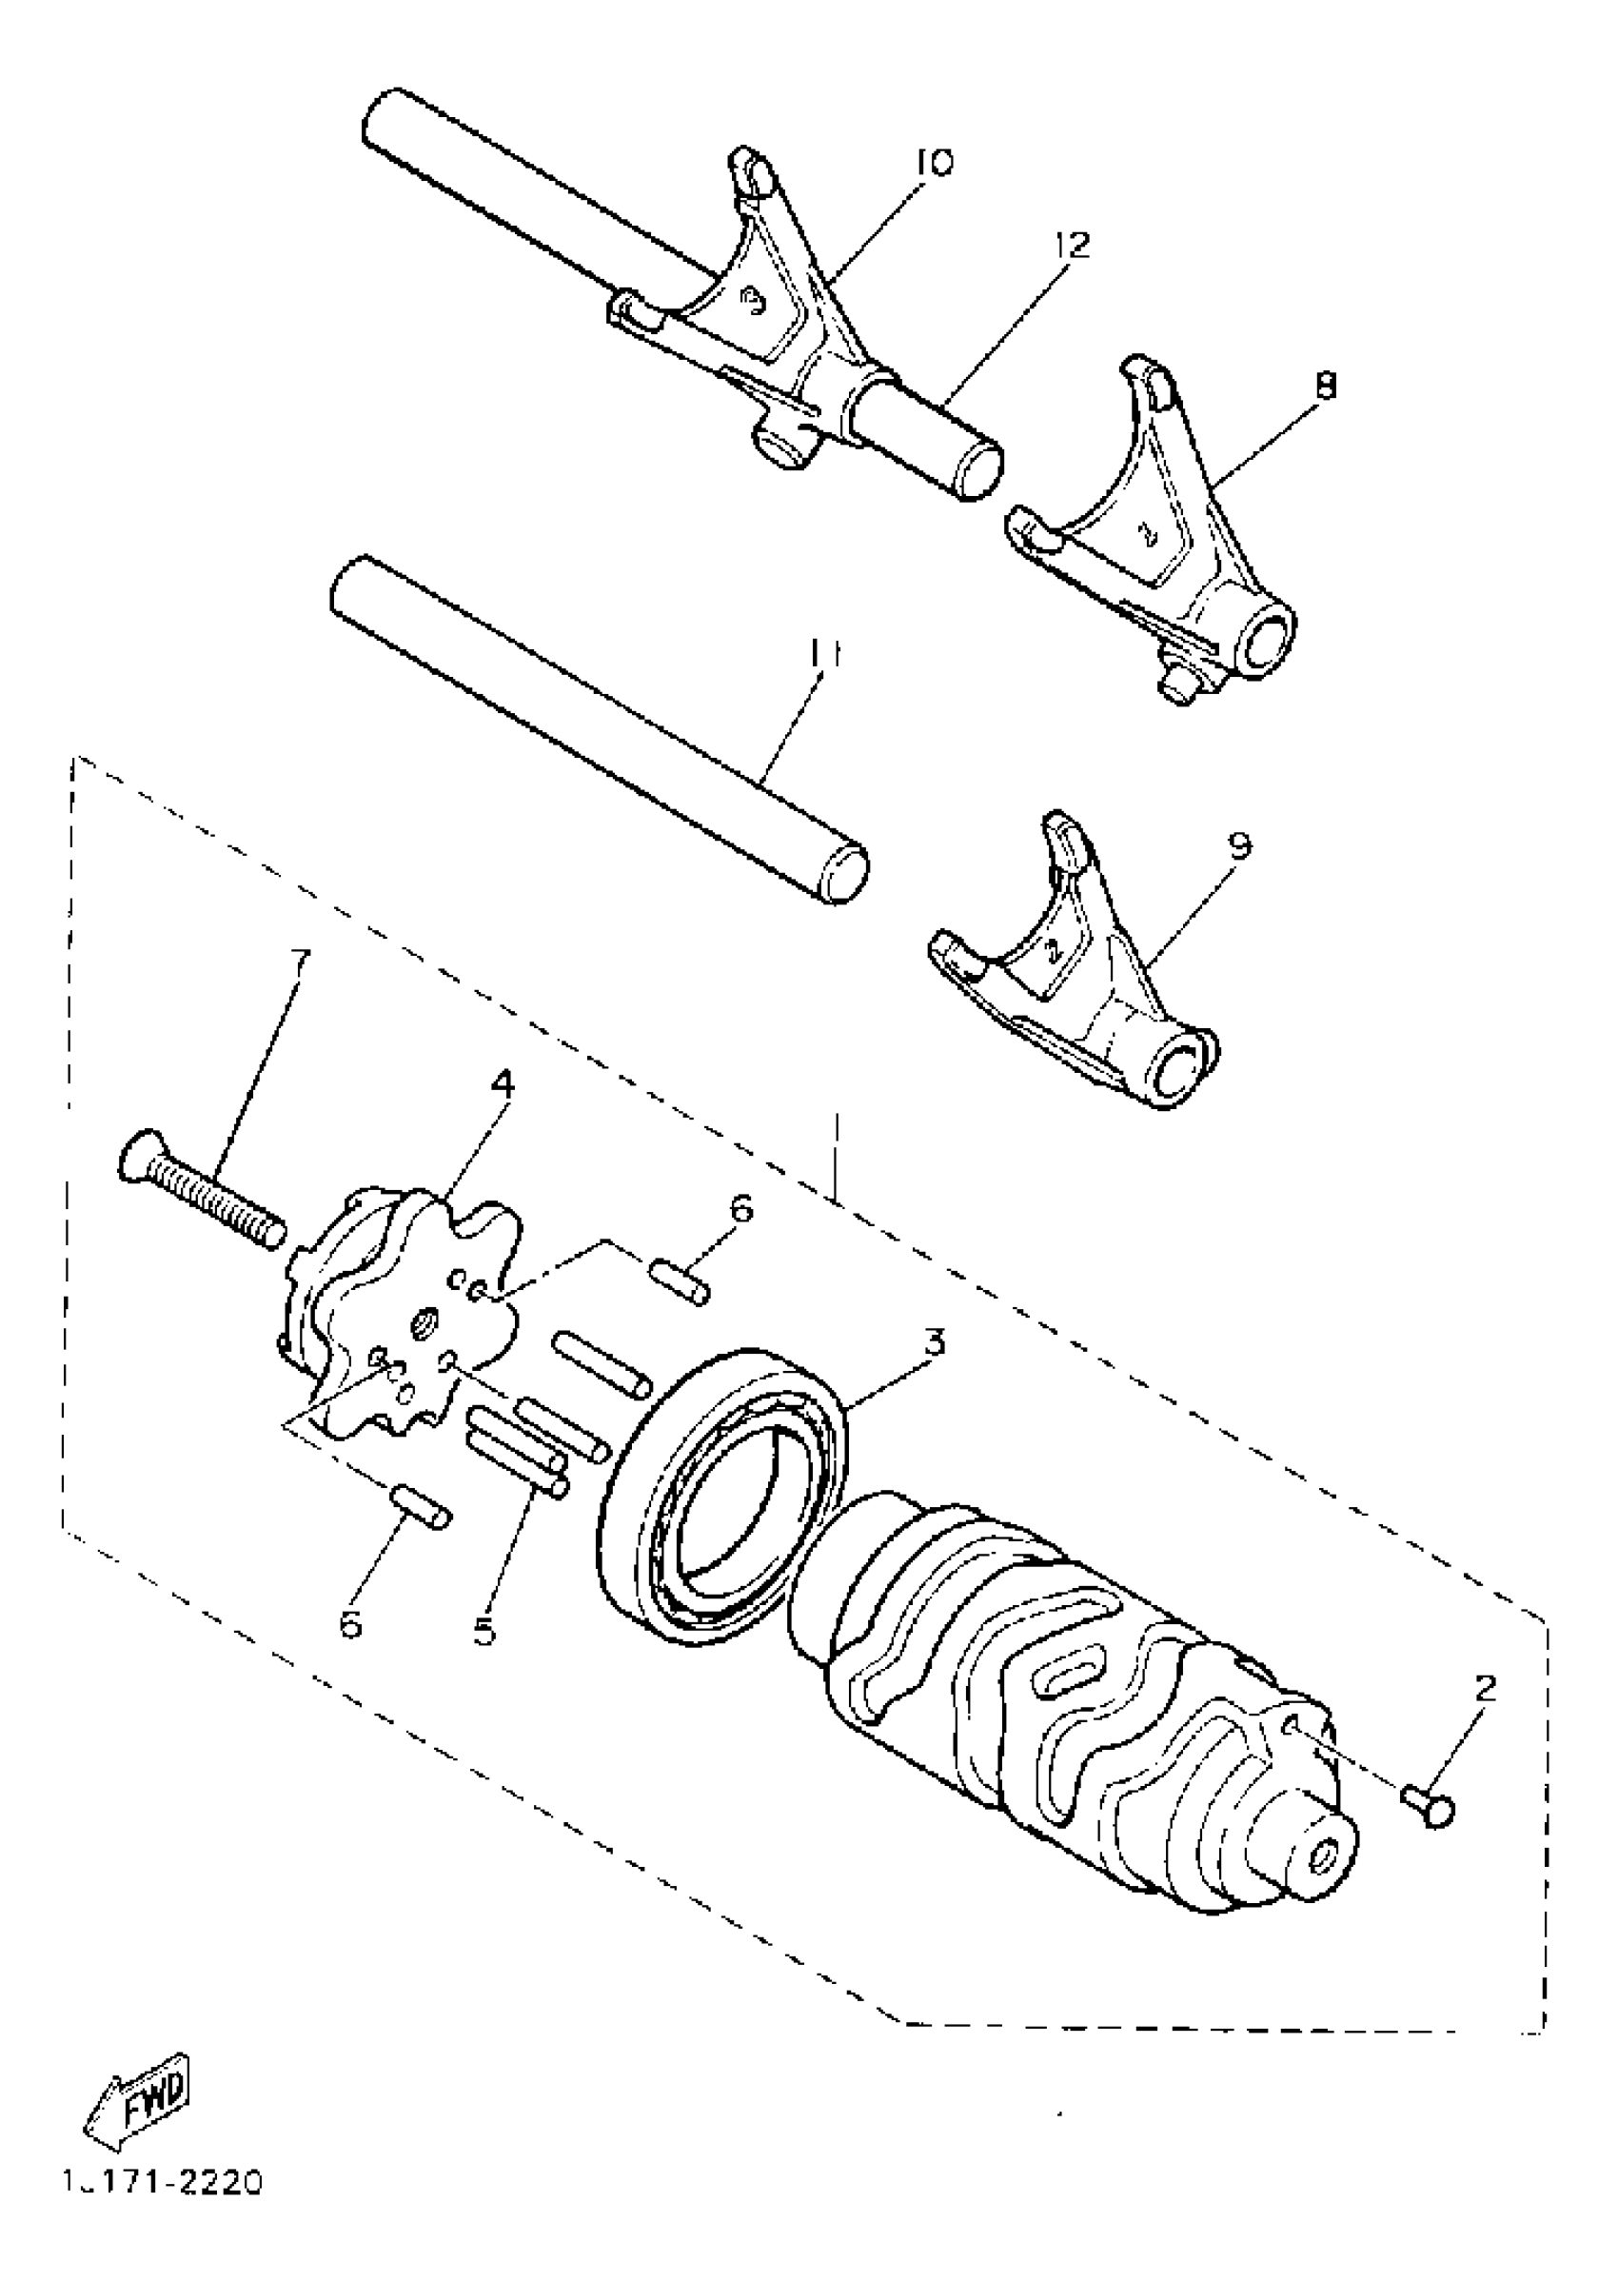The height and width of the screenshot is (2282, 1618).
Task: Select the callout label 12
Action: [x=1071, y=245]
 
